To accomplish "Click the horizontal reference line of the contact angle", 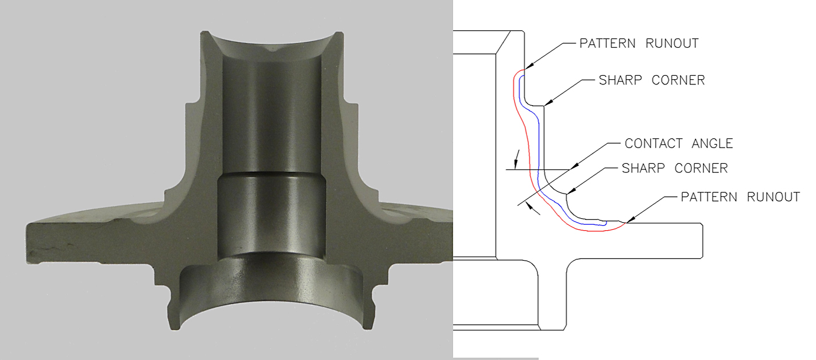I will (540, 169).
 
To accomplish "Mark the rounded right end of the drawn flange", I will (702, 240).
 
